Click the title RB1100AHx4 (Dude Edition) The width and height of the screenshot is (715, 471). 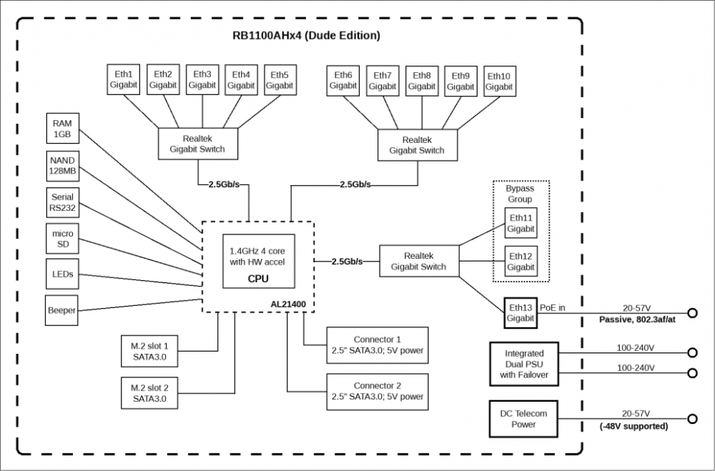click(x=306, y=35)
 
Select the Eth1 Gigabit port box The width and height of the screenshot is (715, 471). click(x=123, y=80)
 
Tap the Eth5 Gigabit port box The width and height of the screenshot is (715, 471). click(x=279, y=80)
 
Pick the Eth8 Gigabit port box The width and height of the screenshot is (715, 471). click(x=422, y=80)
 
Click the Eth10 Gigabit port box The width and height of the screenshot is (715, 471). click(x=499, y=80)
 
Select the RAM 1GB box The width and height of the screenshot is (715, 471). click(x=63, y=130)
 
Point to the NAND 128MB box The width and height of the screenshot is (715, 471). click(x=63, y=166)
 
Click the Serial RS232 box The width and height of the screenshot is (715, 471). click(x=63, y=203)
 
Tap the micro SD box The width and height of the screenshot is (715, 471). click(x=63, y=239)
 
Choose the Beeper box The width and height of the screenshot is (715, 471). click(x=63, y=310)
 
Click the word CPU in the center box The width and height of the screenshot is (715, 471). click(x=257, y=279)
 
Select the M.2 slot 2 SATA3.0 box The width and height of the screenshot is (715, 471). click(x=150, y=394)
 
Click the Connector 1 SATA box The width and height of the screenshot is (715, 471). click(x=377, y=345)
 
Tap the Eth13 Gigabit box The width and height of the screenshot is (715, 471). click(x=520, y=313)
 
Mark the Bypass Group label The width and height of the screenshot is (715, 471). click(x=520, y=194)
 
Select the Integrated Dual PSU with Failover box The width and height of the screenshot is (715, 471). click(x=524, y=364)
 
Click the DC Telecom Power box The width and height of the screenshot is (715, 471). click(x=524, y=419)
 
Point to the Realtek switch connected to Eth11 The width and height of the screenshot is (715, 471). click(x=418, y=261)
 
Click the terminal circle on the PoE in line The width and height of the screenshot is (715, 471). click(x=692, y=313)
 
